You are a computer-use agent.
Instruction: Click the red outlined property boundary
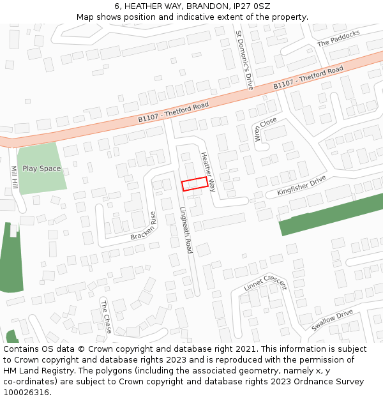(195, 184)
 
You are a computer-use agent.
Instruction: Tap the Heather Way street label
(208, 172)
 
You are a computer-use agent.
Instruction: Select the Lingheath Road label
(185, 229)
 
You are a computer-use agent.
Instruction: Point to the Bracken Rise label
(144, 226)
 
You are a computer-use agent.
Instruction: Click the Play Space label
(41, 169)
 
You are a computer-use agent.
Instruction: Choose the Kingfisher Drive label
(301, 186)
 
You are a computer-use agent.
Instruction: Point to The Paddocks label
(338, 38)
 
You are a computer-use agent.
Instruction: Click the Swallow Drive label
(332, 320)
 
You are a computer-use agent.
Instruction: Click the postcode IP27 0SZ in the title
(253, 6)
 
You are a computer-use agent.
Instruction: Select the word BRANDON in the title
(207, 6)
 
